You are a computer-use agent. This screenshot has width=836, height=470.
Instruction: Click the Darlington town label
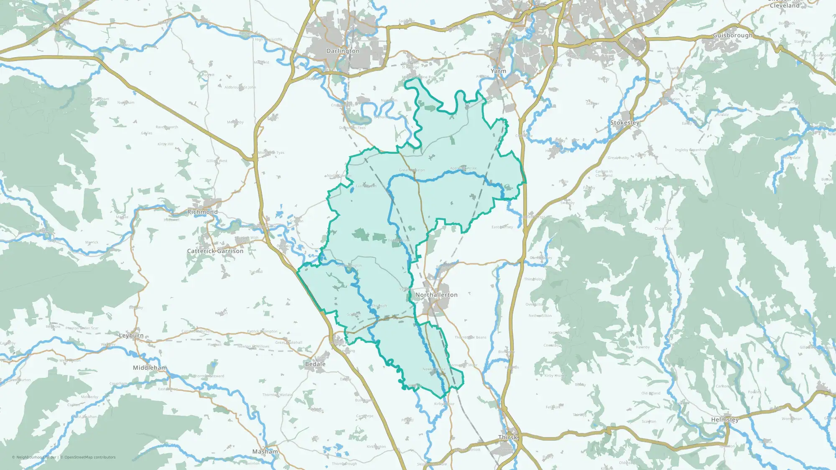(343, 51)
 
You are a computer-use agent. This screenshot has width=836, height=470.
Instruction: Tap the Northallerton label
(436, 295)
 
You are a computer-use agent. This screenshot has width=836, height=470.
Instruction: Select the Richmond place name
(202, 212)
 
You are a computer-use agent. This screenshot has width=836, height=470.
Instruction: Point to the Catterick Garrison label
(215, 251)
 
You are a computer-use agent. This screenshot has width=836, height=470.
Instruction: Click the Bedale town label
(315, 364)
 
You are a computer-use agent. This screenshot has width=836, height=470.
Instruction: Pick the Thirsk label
(508, 437)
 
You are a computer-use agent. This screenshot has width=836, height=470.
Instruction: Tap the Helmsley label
(725, 420)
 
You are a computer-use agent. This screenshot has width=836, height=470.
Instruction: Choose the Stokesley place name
(624, 123)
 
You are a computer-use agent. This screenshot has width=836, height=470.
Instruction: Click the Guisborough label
(732, 36)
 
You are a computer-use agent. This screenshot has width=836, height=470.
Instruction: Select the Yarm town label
(498, 71)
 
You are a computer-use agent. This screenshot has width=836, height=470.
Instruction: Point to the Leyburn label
(131, 335)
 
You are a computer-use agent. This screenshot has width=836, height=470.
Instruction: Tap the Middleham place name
(150, 368)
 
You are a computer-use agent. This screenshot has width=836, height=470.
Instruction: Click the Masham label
(265, 452)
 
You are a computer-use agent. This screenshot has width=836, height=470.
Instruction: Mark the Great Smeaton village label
(412, 170)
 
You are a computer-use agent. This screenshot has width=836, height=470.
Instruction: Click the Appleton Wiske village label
(463, 168)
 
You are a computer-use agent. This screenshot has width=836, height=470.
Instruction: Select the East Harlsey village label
(502, 227)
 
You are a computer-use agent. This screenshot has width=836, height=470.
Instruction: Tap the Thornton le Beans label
(470, 337)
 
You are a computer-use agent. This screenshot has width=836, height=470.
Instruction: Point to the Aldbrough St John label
(240, 87)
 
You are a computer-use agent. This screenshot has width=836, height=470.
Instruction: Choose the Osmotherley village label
(541, 258)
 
